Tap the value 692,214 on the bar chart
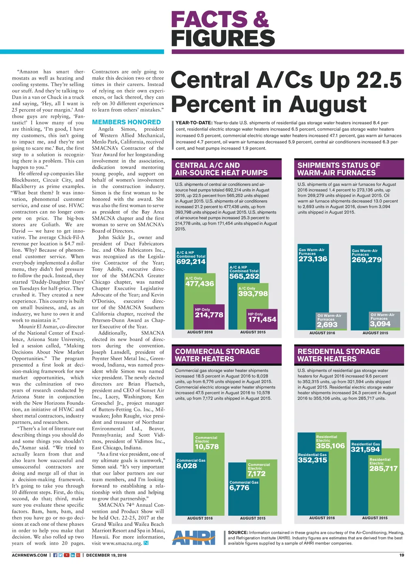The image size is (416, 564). point(191,262)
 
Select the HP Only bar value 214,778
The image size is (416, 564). point(209,315)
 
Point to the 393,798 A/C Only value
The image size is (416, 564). point(253,294)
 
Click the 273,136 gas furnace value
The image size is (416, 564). point(313,259)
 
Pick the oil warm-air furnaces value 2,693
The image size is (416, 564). point(327,325)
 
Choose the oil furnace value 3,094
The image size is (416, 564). point(380,324)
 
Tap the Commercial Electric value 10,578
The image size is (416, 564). point(207,447)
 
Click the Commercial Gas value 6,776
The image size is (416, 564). point(239,488)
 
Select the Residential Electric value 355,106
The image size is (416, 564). point(330,446)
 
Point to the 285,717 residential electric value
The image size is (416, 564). point(383,469)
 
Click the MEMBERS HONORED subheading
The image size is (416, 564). point(126,122)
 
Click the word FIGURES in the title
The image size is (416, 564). point(223,39)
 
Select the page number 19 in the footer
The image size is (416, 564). point(401,555)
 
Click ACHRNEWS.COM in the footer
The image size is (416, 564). point(30,555)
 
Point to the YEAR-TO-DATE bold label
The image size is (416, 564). point(194,123)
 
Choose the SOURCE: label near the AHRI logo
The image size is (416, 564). point(238,532)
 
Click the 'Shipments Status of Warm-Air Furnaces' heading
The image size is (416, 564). point(339,169)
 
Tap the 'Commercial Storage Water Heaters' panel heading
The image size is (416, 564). point(217,355)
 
